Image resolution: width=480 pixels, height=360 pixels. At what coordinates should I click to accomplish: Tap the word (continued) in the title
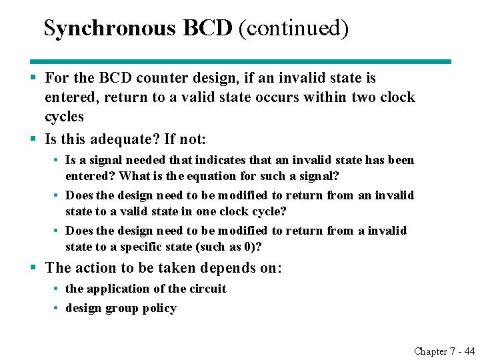293,28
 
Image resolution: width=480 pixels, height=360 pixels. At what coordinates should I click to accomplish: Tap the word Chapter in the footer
431,351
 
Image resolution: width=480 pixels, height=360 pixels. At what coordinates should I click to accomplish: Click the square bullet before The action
33,268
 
